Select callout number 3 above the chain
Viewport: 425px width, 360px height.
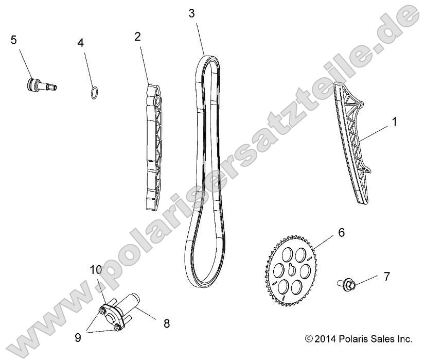coord(192,13)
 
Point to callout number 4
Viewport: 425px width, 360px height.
coord(80,42)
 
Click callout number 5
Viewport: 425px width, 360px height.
coord(13,39)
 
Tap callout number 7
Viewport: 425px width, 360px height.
coord(386,277)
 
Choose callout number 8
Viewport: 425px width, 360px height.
coord(166,324)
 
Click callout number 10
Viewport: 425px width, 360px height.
coord(96,269)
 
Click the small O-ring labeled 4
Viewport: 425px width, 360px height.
coord(93,93)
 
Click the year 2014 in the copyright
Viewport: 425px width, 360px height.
coord(324,339)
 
